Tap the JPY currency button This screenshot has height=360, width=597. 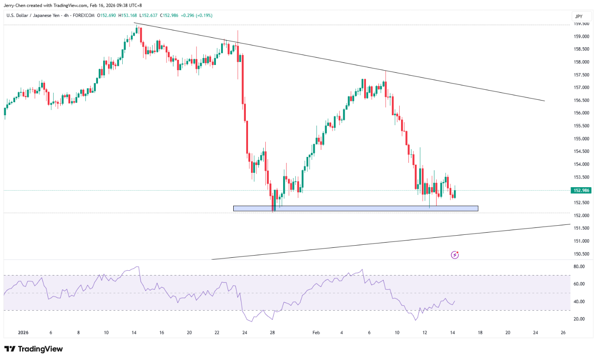pyautogui.click(x=579, y=16)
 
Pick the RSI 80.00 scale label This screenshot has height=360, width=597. pyautogui.click(x=579, y=266)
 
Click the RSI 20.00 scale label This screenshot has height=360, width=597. pyautogui.click(x=579, y=319)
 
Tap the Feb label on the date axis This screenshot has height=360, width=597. pyautogui.click(x=316, y=333)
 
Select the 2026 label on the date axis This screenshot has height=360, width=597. pyautogui.click(x=23, y=333)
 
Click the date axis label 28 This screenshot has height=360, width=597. pyautogui.click(x=272, y=333)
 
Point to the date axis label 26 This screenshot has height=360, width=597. pyautogui.click(x=563, y=333)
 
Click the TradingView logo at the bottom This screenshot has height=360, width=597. pyautogui.click(x=34, y=349)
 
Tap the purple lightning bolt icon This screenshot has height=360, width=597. pyautogui.click(x=455, y=255)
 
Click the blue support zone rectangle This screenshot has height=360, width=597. pyautogui.click(x=356, y=208)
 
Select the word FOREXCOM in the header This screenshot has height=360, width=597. pyautogui.click(x=86, y=16)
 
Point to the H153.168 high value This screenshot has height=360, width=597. pyautogui.click(x=128, y=16)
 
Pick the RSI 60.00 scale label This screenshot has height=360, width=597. pyautogui.click(x=579, y=284)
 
